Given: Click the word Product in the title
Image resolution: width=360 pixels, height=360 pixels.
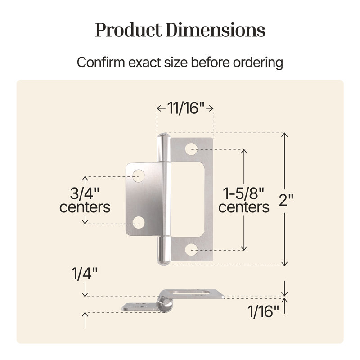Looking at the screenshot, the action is point(129,30).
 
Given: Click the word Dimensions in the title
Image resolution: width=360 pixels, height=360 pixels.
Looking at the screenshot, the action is point(216,30).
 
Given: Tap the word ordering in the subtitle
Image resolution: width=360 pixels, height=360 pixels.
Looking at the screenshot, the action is point(258,63).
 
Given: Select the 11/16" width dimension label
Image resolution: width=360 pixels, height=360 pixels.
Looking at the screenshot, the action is point(185,108).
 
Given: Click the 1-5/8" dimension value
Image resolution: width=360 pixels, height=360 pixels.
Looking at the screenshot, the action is point(243,193).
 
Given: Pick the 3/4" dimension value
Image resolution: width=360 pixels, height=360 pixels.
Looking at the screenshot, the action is point(85,193).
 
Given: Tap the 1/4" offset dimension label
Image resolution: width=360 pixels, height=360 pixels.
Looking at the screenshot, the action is point(85,274).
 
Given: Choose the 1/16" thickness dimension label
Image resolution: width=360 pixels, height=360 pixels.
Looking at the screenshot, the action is point(263,311).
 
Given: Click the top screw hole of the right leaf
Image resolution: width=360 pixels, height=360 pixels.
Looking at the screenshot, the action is point(191,149).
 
